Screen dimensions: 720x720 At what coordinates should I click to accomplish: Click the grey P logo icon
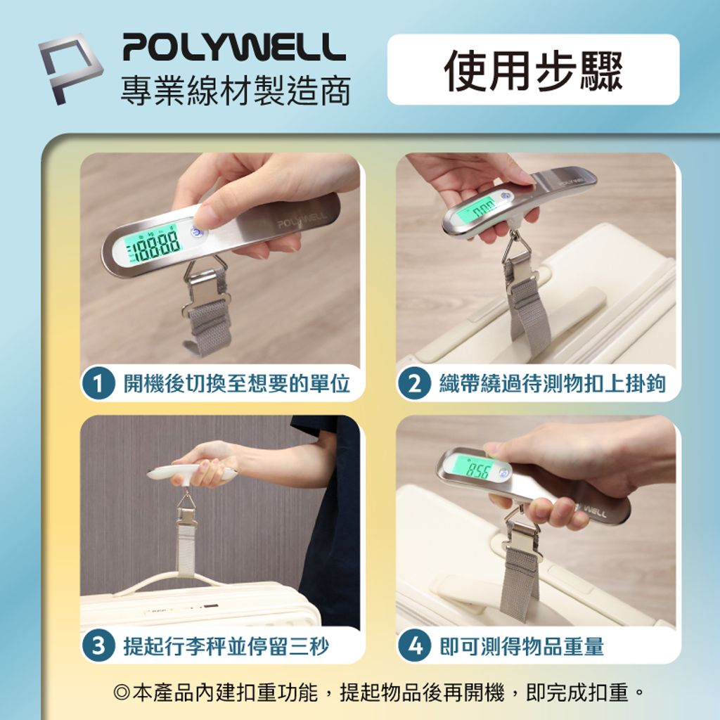pos(70,68)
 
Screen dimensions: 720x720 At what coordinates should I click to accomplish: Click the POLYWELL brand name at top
pos(233,46)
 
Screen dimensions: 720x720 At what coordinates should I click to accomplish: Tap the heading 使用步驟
pos(533,70)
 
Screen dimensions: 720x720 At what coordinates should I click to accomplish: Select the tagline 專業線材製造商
pos(236,90)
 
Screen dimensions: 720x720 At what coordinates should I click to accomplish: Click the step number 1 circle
pos(98,384)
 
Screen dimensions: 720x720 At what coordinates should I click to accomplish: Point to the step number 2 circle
pos(414,384)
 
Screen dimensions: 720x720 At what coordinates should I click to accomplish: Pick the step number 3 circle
pos(98,646)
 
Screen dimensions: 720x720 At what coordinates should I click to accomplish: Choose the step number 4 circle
pos(414,646)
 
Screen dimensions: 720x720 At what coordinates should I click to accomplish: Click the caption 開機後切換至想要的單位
pos(236,383)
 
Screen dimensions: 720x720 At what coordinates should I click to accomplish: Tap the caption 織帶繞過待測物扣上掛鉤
pos(553,383)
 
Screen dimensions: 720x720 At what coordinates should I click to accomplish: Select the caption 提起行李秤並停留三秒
pos(226,646)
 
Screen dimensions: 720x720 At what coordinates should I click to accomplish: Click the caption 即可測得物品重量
pos(522,646)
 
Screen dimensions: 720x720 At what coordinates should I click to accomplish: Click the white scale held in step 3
pos(193,473)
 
